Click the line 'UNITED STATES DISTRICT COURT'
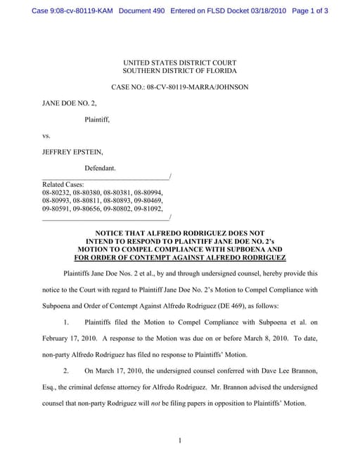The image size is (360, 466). [179, 63]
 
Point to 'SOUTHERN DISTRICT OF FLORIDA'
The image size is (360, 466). [179, 71]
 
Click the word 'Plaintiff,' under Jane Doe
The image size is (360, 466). [97, 119]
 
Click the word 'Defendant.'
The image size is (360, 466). [101, 168]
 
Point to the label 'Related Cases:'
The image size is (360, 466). [63, 184]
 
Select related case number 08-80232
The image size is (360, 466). [57, 193]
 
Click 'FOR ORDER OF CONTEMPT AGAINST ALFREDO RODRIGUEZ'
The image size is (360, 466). [179, 257]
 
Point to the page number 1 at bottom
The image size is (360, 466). [180, 441]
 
